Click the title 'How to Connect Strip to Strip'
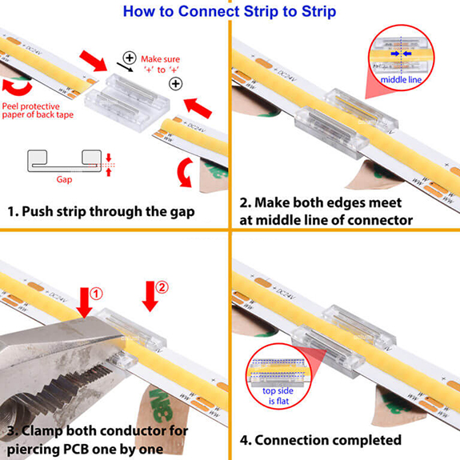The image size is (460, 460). tap(230, 11)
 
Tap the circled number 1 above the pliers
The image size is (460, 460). tap(96, 293)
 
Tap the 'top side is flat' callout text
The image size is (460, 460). tap(278, 396)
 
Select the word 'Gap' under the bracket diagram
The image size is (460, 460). tap(65, 180)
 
